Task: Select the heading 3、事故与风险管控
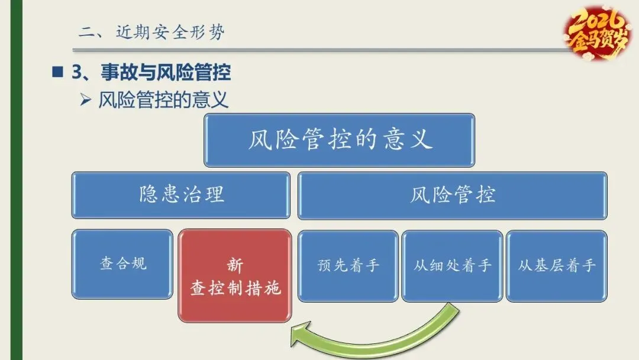click(x=151, y=73)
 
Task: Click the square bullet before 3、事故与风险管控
click(x=57, y=73)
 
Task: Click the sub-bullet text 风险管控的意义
click(x=163, y=100)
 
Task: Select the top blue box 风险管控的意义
click(x=339, y=140)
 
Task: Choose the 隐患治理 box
click(x=181, y=195)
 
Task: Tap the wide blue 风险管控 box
click(x=452, y=195)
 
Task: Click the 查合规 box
click(x=122, y=264)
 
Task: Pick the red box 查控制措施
click(x=235, y=276)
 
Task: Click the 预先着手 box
click(x=348, y=265)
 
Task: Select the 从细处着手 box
click(x=452, y=265)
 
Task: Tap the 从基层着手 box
click(x=556, y=265)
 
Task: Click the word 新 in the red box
click(x=235, y=265)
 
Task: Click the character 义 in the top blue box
click(x=420, y=140)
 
